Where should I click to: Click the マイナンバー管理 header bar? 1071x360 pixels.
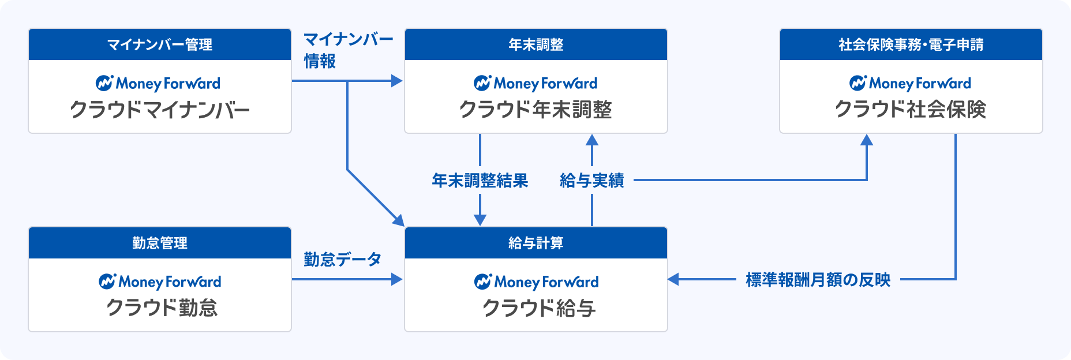160,44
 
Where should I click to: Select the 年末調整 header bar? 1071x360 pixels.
536,44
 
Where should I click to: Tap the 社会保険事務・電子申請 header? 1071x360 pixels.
911,44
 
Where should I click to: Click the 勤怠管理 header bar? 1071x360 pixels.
160,243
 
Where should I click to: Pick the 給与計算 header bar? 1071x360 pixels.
536,243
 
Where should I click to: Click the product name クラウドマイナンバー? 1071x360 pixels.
160,110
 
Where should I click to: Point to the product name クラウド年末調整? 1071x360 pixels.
535,110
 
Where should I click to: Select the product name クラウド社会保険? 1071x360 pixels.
911,110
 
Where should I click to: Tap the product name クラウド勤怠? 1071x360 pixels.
162,308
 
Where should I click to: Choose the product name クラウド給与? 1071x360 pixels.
539,308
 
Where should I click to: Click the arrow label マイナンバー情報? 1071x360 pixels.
349,50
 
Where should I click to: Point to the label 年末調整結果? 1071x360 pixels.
480,181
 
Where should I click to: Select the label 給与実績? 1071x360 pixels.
592,181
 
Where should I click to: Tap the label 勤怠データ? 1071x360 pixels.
343,260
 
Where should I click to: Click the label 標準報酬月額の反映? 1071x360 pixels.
818,280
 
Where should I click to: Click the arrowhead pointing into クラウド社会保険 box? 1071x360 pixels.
867,140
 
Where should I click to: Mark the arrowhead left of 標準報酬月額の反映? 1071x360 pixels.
673,280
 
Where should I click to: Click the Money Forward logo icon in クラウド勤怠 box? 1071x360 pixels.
107,281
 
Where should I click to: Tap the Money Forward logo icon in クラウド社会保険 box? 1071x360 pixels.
858,82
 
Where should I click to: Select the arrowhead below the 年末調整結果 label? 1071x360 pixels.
480,220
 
